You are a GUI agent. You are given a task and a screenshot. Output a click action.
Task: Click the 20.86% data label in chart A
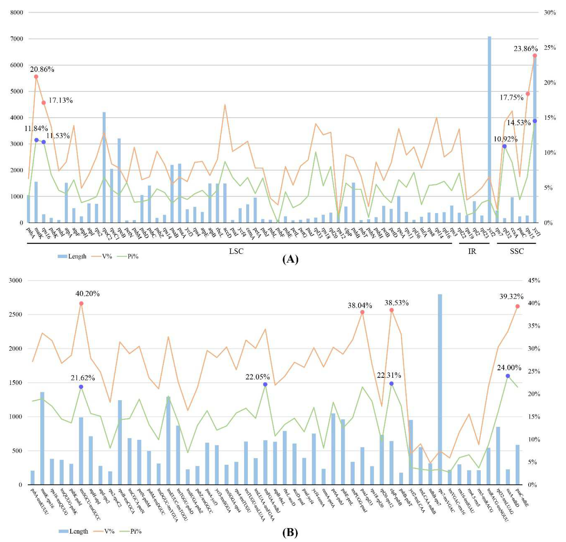[x=42, y=69]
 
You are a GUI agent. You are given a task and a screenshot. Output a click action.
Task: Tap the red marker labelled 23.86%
[x=535, y=55]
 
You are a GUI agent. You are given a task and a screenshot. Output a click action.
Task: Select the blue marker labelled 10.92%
[x=504, y=146]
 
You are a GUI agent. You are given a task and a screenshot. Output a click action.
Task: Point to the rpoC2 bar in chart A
[x=104, y=168]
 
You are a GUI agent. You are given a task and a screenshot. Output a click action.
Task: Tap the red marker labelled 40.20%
[x=81, y=303]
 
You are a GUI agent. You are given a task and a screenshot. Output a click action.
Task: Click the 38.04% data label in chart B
[x=360, y=305]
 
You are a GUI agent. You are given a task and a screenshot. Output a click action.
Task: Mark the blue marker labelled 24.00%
[x=508, y=376]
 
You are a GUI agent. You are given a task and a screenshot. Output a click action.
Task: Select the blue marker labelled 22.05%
[x=265, y=384]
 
